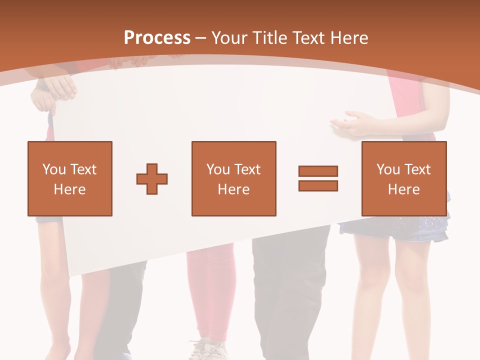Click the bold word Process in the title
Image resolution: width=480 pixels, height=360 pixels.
pyautogui.click(x=157, y=37)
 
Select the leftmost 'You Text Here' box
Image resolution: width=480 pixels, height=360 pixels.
pyautogui.click(x=70, y=178)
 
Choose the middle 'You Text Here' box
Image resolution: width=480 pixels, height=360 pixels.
pyautogui.click(x=233, y=178)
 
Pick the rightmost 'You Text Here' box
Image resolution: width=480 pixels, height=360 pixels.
pyautogui.click(x=403, y=178)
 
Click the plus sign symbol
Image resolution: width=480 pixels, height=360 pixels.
pyautogui.click(x=152, y=178)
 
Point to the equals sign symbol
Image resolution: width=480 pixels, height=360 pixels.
pyautogui.click(x=318, y=178)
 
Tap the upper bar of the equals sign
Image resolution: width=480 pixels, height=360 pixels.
pyautogui.click(x=318, y=171)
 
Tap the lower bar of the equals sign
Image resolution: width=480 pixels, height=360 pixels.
pyautogui.click(x=318, y=185)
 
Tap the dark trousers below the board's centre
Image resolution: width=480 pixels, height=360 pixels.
pyautogui.click(x=290, y=290)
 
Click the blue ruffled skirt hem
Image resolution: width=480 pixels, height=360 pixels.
pyautogui.click(x=395, y=230)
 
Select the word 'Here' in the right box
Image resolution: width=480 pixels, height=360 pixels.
pyautogui.click(x=403, y=189)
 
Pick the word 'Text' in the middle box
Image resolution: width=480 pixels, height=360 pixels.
pyautogui.click(x=247, y=169)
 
